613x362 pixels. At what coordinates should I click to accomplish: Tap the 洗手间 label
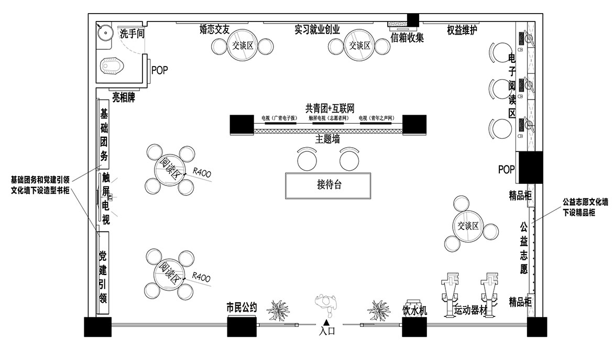pyautogui.click(x=132, y=34)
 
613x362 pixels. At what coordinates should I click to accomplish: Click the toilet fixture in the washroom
pyautogui.click(x=112, y=66)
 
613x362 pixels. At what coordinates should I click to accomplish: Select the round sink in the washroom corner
pyautogui.click(x=106, y=31)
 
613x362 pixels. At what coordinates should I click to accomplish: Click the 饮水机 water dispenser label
pyautogui.click(x=415, y=311)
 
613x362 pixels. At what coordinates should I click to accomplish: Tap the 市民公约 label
pyautogui.click(x=242, y=308)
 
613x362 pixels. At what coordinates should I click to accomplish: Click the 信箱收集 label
pyautogui.click(x=407, y=37)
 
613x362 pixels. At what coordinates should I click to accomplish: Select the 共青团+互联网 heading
pyautogui.click(x=330, y=108)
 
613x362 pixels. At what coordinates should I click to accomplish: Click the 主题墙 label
pyautogui.click(x=328, y=139)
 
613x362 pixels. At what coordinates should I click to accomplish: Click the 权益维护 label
pyautogui.click(x=462, y=30)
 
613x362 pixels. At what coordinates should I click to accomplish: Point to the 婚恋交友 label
pyautogui.click(x=214, y=29)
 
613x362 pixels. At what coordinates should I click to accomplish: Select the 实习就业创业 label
pyautogui.click(x=318, y=29)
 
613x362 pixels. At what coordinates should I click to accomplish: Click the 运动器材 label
pyautogui.click(x=470, y=310)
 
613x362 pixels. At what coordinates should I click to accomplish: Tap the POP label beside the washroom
pyautogui.click(x=159, y=70)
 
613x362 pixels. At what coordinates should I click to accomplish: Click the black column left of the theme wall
pyautogui.click(x=242, y=124)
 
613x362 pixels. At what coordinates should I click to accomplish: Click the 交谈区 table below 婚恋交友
pyautogui.click(x=243, y=46)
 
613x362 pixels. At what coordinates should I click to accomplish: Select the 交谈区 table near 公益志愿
pyautogui.click(x=468, y=226)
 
